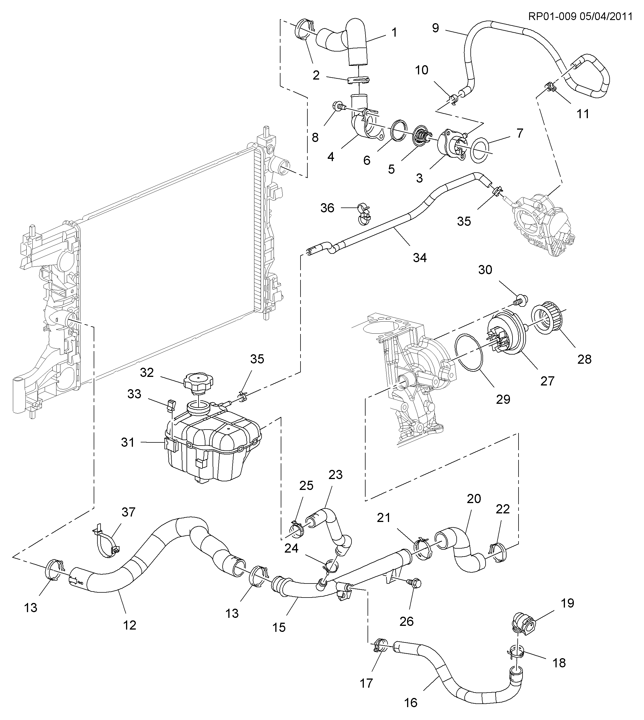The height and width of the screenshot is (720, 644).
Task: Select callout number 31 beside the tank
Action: [128, 442]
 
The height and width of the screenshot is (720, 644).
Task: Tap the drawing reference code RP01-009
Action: [552, 17]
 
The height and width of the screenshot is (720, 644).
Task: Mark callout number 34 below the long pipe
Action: [420, 258]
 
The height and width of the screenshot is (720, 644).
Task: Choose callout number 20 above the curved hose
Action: [474, 499]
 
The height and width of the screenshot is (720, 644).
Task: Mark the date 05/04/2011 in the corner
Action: [606, 17]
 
